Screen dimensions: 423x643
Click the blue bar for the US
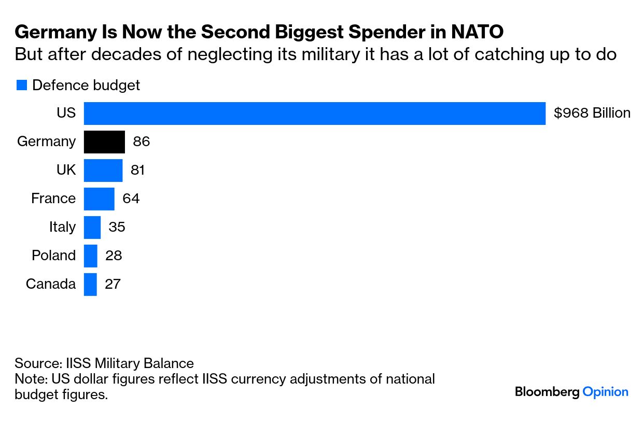[314, 114]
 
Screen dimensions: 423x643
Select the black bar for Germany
[104, 142]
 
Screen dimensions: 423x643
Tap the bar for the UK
[103, 170]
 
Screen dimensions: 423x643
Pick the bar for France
[99, 199]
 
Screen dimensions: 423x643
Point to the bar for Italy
[92, 227]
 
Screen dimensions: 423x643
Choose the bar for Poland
[91, 256]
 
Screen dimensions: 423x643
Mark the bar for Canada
[90, 284]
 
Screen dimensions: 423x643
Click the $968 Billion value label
[592, 114]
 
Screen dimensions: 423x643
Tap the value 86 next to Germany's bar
[142, 142]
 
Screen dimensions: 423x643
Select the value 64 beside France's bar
[131, 199]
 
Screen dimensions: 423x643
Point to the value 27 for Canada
[113, 284]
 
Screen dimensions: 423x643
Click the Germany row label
[47, 142]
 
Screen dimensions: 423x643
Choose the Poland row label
[53, 256]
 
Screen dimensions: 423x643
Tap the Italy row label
[62, 227]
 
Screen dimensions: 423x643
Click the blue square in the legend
[21, 86]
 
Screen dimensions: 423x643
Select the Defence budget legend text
[86, 85]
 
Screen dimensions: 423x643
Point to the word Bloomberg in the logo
[547, 392]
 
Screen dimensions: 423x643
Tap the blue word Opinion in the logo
[605, 392]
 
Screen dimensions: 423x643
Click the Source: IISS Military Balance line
[104, 363]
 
